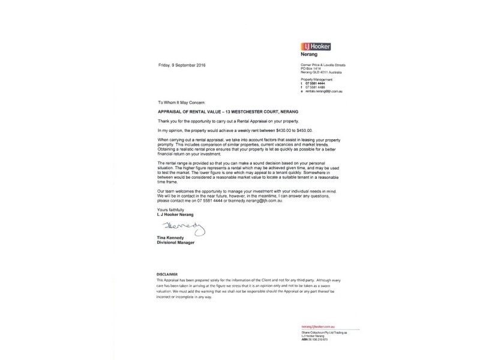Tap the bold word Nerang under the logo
coord(310,54)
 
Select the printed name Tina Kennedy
coord(172,239)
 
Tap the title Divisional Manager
coord(176,243)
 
